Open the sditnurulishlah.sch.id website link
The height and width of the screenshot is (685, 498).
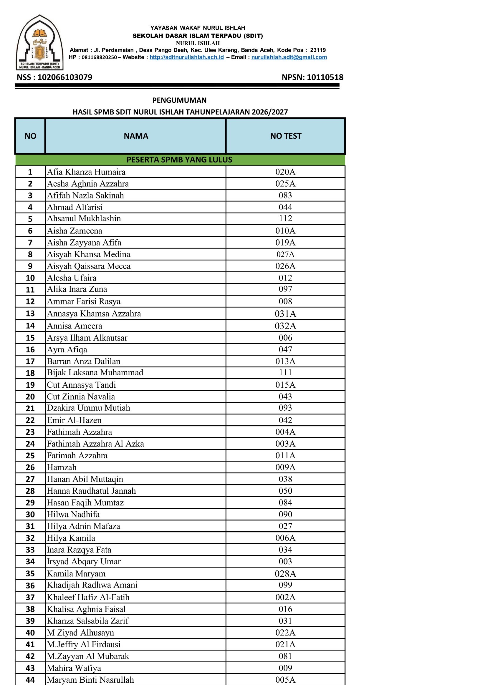point(186,57)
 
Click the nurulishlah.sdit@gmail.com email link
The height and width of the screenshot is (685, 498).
point(289,57)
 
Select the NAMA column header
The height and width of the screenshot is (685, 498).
point(136,136)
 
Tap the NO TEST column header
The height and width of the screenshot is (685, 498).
point(286,136)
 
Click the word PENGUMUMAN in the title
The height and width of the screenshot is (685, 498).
point(179,100)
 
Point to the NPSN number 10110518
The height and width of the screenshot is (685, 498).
point(325,77)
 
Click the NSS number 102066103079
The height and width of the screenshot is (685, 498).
point(65,77)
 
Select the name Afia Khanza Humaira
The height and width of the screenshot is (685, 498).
point(86,172)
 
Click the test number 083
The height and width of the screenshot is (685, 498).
point(285,195)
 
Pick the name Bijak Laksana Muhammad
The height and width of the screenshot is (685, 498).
point(95,372)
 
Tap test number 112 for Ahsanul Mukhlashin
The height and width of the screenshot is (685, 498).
point(285,218)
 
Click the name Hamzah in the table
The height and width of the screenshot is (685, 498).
point(62,467)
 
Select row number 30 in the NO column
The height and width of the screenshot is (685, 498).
point(30,515)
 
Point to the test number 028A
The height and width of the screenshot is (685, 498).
point(285,574)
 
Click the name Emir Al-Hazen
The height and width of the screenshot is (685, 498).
point(74,420)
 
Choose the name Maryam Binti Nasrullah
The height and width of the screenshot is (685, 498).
point(90,680)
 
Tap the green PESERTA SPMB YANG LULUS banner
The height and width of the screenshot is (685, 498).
point(179,160)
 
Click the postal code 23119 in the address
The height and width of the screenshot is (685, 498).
point(317,50)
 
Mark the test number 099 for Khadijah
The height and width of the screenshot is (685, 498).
point(285,585)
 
